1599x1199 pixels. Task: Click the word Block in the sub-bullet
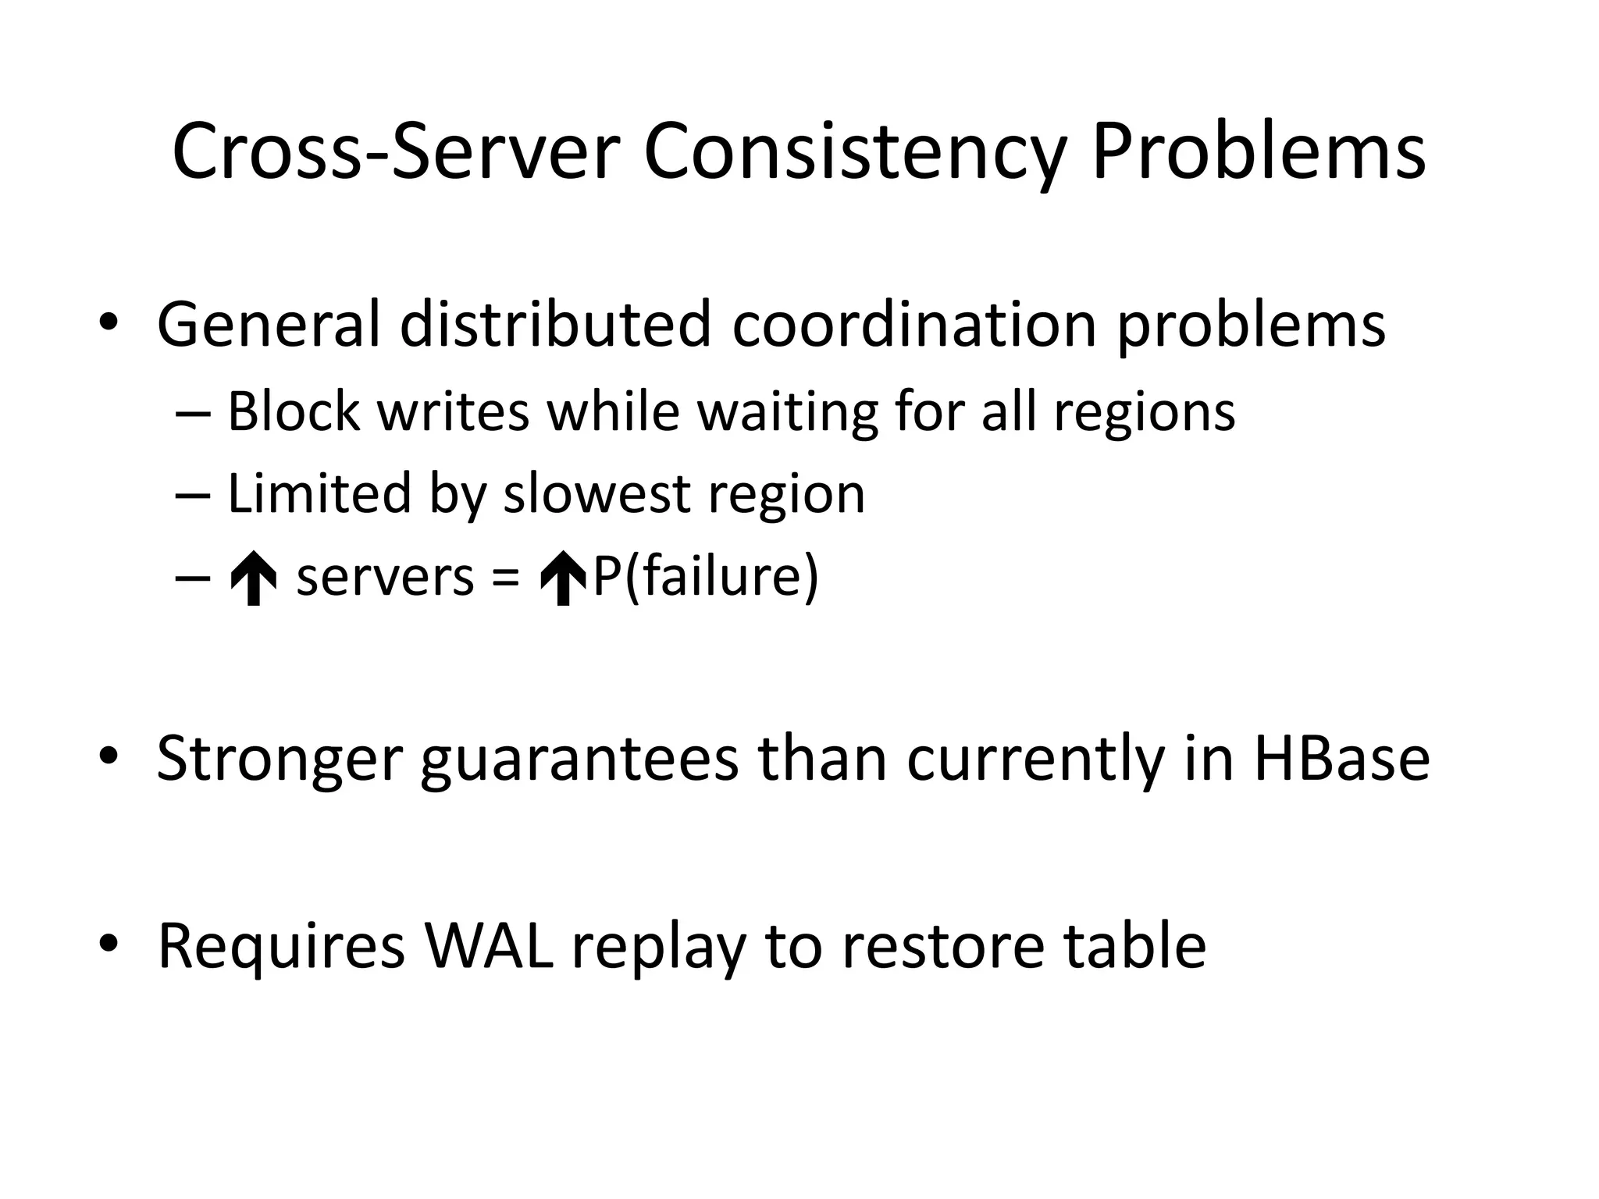click(294, 411)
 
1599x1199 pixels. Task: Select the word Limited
click(319, 493)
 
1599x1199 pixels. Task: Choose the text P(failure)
click(705, 578)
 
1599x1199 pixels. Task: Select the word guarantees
click(579, 759)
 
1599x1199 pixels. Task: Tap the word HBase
click(1341, 759)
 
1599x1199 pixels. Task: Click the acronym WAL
click(488, 946)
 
